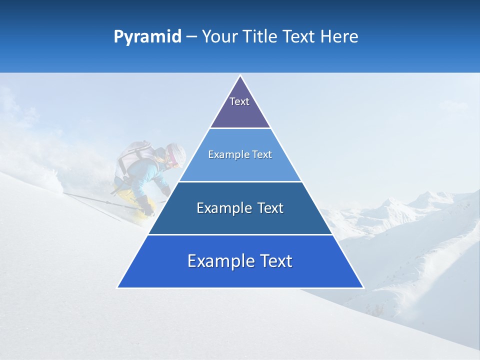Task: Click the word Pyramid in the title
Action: coord(147,37)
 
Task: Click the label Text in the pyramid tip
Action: coord(239,101)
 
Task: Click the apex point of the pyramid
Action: coord(240,76)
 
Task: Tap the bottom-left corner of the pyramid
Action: coord(118,287)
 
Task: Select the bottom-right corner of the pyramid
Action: coord(363,287)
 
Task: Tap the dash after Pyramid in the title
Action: coord(191,37)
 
